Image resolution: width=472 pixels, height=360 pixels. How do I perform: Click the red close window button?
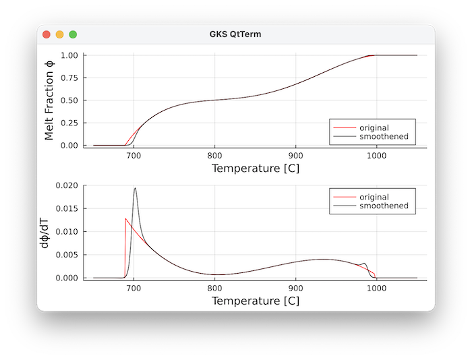point(47,34)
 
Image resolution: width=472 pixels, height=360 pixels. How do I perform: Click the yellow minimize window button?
point(59,34)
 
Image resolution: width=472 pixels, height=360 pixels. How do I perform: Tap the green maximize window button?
point(73,34)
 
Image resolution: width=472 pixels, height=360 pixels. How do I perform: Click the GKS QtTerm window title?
point(235,34)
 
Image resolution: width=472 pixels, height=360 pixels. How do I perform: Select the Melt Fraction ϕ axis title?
point(49,100)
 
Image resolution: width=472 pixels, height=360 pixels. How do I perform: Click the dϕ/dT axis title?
point(45,232)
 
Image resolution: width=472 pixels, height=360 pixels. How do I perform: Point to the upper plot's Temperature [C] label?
point(255,168)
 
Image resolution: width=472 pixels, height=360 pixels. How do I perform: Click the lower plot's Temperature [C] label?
point(255,301)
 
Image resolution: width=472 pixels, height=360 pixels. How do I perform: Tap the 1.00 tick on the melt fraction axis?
point(69,55)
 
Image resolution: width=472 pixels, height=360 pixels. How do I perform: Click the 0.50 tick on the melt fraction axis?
point(69,100)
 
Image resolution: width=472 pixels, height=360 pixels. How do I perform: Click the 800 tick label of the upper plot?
point(214,154)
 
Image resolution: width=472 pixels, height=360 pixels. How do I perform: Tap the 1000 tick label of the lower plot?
point(376,287)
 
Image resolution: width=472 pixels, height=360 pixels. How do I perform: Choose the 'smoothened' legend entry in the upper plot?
point(383,137)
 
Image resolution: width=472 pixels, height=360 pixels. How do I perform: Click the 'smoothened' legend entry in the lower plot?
point(383,206)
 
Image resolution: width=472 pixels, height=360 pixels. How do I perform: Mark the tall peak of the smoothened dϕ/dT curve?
point(135,188)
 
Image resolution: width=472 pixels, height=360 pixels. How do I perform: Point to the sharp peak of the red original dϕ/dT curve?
point(126,218)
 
